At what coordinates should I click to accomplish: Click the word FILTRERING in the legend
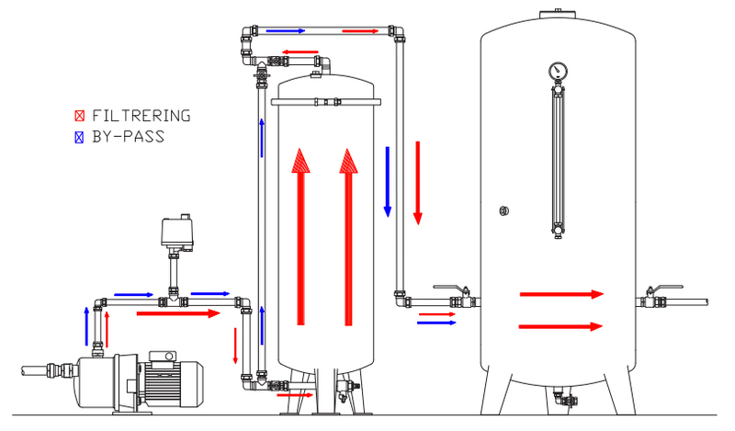click(141, 116)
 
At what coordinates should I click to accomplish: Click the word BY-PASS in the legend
click(129, 137)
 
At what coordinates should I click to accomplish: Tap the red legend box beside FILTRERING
click(79, 116)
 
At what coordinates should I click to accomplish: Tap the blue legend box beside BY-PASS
click(79, 137)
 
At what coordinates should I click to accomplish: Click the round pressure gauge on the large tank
click(558, 71)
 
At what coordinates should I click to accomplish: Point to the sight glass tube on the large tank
click(558, 160)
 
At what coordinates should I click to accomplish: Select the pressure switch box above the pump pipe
click(177, 232)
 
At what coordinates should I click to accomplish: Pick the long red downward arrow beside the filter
click(418, 183)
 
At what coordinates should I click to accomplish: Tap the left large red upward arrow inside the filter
click(301, 237)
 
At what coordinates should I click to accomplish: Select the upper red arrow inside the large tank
click(561, 294)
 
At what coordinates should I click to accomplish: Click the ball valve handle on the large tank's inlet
click(451, 288)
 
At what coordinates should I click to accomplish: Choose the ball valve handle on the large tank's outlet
click(664, 288)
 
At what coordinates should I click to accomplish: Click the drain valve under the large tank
click(565, 399)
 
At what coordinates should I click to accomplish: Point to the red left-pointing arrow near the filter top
click(300, 52)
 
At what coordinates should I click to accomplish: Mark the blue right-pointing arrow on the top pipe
click(286, 31)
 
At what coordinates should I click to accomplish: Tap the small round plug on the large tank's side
click(503, 210)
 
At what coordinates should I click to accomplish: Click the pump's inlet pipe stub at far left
click(34, 370)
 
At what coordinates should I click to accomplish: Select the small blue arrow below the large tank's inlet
click(436, 323)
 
